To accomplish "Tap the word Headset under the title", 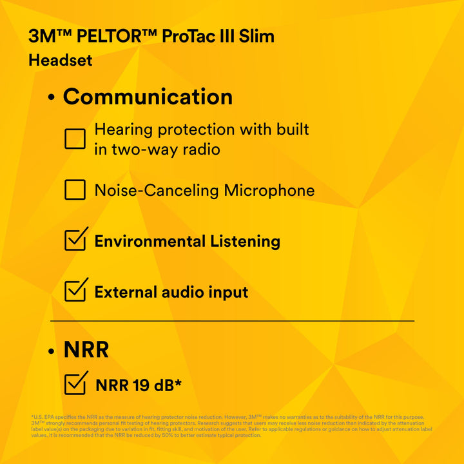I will pyautogui.click(x=61, y=61).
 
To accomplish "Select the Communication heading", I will pyautogui.click(x=148, y=97).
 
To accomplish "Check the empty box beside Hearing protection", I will pyautogui.click(x=75, y=139).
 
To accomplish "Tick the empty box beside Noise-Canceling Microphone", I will pyautogui.click(x=75, y=190).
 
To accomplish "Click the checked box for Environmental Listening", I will pyautogui.click(x=76, y=240).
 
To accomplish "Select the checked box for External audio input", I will pyautogui.click(x=76, y=290).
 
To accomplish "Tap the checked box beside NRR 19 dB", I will pyautogui.click(x=76, y=383).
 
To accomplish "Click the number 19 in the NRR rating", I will pyautogui.click(x=142, y=385).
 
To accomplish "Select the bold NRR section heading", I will pyautogui.click(x=86, y=350).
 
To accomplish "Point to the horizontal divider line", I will pyautogui.click(x=232, y=320).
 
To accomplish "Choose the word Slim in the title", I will pyautogui.click(x=257, y=36).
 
